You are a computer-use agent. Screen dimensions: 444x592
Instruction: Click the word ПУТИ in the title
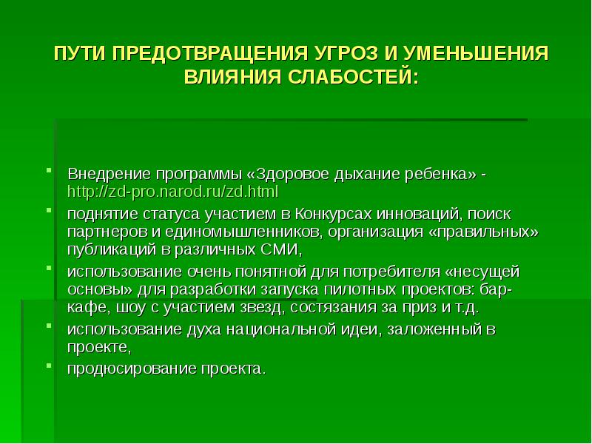77,54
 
